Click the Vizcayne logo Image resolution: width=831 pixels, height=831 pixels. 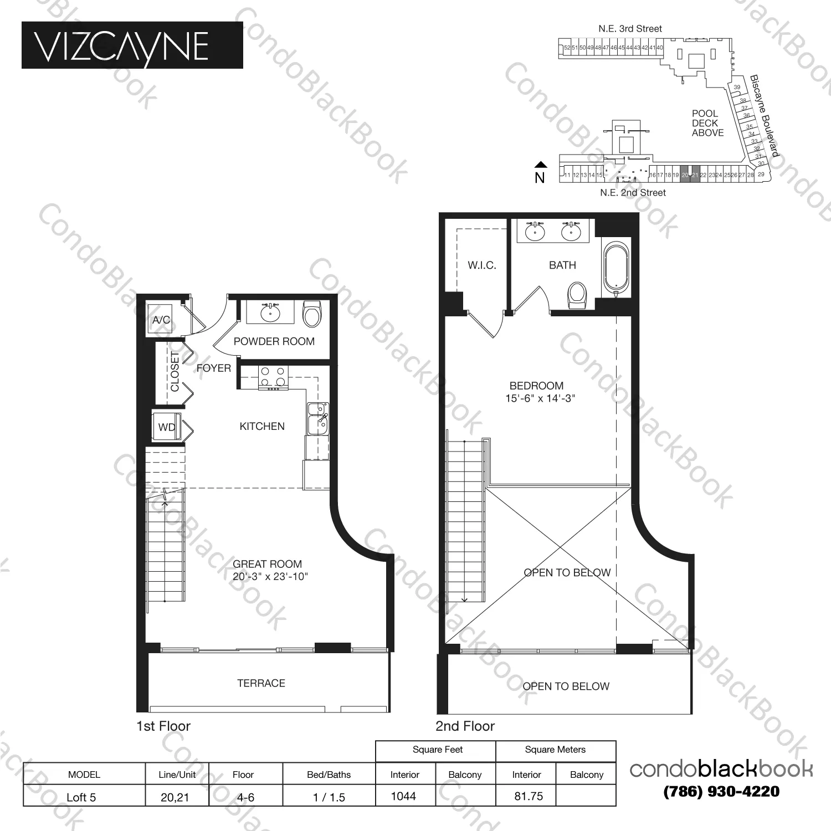pos(132,45)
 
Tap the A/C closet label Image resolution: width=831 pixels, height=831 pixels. pos(161,320)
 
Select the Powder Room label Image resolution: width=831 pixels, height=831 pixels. pos(274,341)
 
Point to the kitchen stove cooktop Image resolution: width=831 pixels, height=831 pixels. pos(273,378)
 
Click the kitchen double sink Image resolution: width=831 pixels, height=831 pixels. pos(318,418)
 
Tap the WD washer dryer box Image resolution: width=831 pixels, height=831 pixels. pos(167,427)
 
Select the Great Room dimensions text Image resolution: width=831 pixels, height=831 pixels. pos(270,577)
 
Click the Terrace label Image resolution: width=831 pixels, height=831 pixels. pos(261,683)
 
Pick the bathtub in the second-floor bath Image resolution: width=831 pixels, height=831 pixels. pos(615,268)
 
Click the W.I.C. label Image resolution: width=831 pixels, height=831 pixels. pos(481,265)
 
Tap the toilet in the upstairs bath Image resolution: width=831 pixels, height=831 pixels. pos(577,296)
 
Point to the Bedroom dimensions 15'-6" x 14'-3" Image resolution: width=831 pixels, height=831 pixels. pos(540,398)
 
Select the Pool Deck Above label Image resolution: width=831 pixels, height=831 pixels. pos(707,123)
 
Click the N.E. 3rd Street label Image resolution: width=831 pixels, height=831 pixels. pos(630,29)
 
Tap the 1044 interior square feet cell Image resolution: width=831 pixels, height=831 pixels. pos(403,796)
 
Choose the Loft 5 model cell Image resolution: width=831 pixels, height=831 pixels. pos(81,797)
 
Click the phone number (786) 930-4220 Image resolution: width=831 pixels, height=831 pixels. pos(721,792)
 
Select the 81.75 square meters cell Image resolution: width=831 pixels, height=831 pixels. pos(529,796)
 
